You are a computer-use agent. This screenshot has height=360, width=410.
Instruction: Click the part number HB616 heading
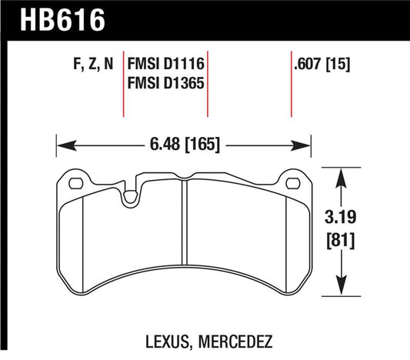tap(55, 17)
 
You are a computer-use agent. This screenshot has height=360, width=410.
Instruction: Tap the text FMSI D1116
tap(170, 65)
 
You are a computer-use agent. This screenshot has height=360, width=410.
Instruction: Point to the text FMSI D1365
tap(170, 83)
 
